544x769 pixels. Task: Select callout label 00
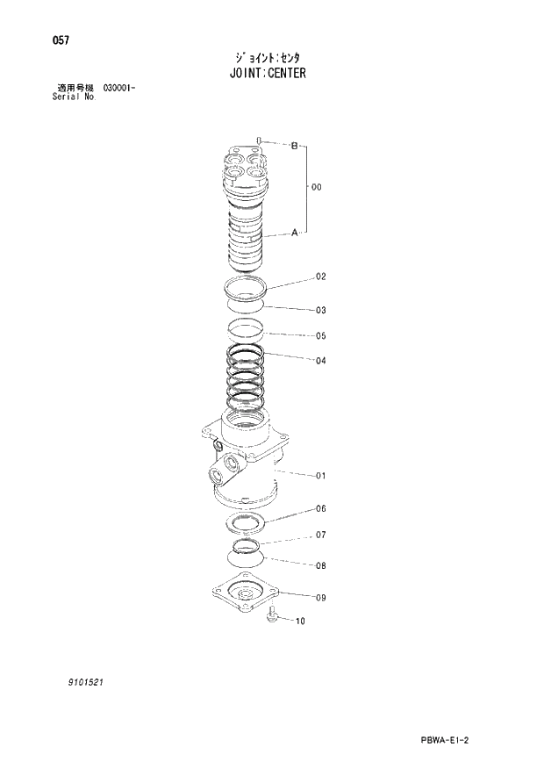[x=317, y=187]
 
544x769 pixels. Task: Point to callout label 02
[x=321, y=277]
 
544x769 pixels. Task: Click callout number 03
[x=321, y=310]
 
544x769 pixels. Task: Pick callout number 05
[x=321, y=335]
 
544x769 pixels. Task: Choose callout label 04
[x=321, y=360]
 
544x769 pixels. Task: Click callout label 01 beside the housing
[x=321, y=476]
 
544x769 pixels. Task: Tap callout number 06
[x=321, y=508]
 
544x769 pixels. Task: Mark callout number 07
[x=321, y=535]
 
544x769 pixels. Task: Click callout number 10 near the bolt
[x=300, y=622]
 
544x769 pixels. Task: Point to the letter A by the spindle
[x=294, y=233]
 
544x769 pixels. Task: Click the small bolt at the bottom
[x=271, y=617]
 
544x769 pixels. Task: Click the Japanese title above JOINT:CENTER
[x=263, y=56]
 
